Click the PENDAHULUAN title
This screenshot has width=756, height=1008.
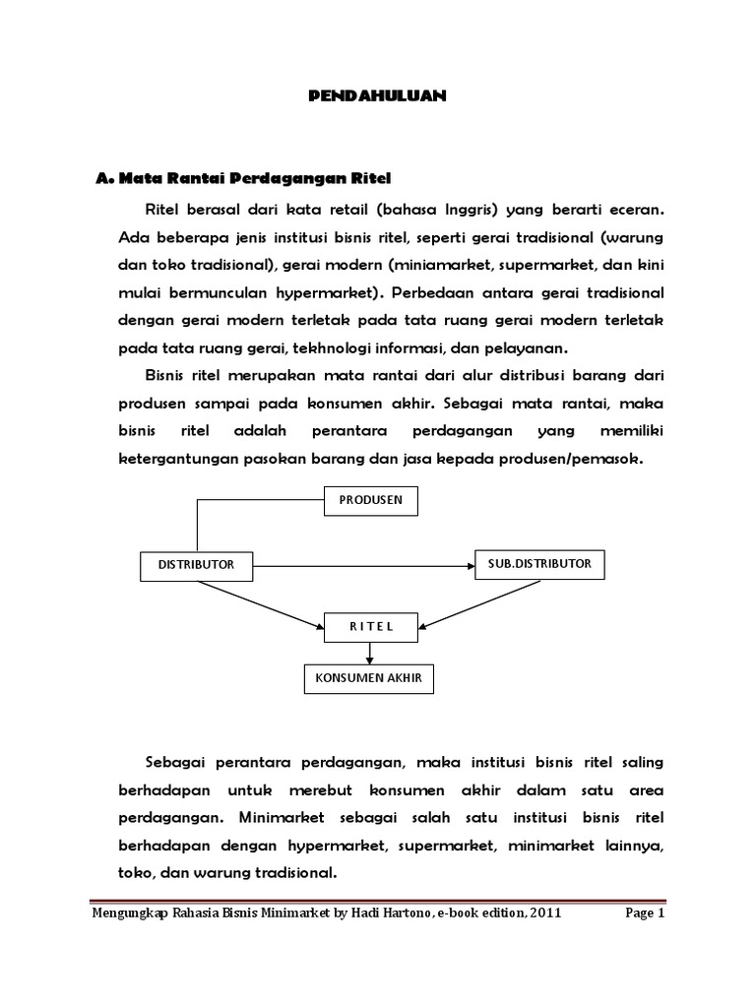(378, 95)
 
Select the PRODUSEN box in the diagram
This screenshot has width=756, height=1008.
(371, 500)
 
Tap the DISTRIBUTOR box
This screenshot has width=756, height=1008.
(197, 565)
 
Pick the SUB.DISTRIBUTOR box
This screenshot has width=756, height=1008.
(539, 564)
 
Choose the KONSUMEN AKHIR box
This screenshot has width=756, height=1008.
(368, 678)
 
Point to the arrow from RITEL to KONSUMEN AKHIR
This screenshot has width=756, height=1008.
(370, 652)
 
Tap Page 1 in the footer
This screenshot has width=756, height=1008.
(646, 913)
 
